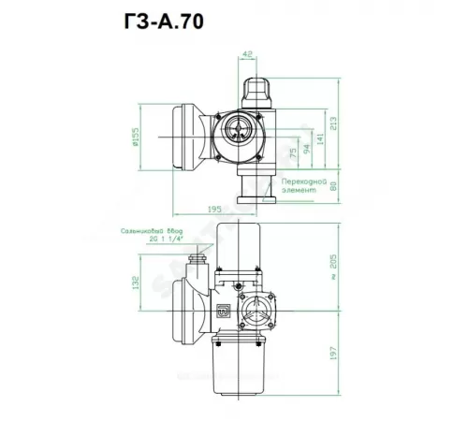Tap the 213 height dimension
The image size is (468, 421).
(x=335, y=121)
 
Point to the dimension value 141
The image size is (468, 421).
(x=319, y=138)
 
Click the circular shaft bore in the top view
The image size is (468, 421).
(x=234, y=131)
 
